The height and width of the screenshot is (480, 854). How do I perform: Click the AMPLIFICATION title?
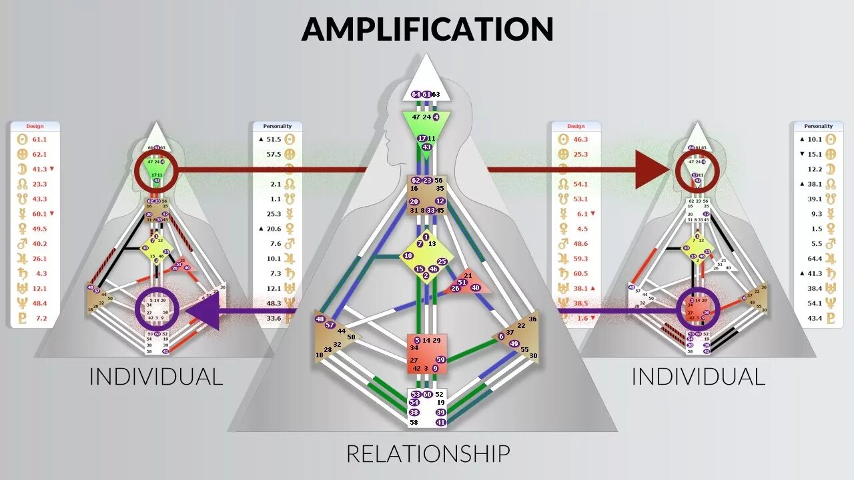tap(427, 29)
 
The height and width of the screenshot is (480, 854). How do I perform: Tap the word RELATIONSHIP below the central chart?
tap(428, 454)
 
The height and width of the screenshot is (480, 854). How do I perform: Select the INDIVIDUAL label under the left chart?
tap(155, 377)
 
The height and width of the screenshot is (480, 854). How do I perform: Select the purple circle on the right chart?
tap(698, 309)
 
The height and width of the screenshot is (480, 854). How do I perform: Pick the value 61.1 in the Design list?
tap(39, 139)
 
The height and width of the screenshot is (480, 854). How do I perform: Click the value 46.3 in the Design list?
tap(580, 139)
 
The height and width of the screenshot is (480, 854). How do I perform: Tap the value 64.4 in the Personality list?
tap(814, 258)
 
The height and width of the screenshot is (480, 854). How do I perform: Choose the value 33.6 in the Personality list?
tap(274, 318)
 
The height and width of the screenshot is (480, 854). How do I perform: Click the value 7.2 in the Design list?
tap(41, 318)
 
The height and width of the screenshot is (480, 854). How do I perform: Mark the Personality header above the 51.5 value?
tap(277, 126)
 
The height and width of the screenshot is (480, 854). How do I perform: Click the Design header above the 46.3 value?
tap(575, 126)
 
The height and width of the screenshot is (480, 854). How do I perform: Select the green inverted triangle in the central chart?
tap(426, 123)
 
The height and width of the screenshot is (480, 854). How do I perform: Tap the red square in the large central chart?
tap(426, 354)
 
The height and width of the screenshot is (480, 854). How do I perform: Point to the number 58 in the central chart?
tap(414, 423)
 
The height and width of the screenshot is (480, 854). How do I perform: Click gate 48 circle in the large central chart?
tap(320, 319)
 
